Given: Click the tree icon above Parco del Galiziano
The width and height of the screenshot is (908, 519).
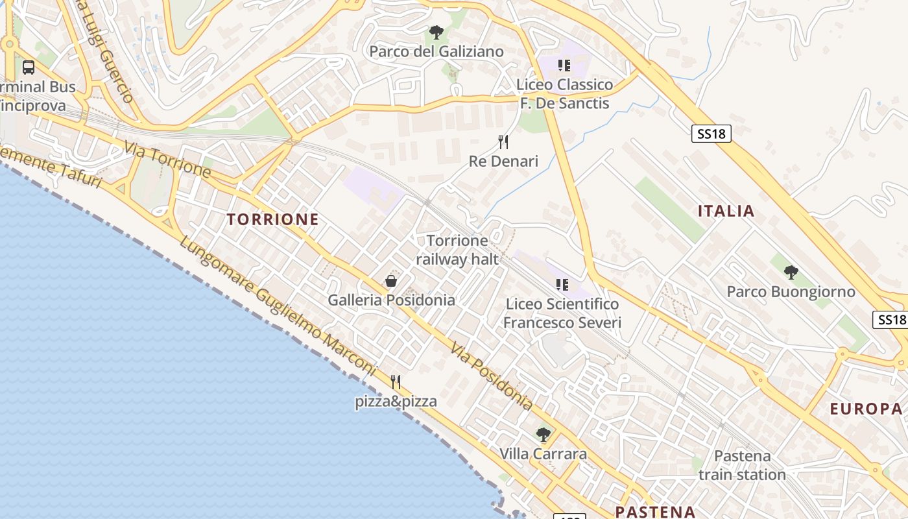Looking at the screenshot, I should coord(436,32).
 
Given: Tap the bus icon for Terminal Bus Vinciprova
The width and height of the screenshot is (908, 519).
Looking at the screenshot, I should coord(28,67).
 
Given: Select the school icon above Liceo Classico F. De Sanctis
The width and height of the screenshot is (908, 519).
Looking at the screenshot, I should coord(564,65).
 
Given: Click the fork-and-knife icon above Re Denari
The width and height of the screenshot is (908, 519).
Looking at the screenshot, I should coord(503,141).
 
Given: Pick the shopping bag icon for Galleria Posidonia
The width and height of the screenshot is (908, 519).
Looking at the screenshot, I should coord(391,280).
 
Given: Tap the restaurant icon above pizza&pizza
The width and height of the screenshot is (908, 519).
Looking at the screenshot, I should coord(395,381).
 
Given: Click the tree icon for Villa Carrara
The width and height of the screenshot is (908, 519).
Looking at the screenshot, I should coord(544,434).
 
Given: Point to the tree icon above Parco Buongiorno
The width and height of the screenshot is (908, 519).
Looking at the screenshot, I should coord(791,272).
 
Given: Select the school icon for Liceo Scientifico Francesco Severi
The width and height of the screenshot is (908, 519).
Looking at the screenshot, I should coord(562,284).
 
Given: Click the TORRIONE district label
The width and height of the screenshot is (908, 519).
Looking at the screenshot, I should coord(273,219).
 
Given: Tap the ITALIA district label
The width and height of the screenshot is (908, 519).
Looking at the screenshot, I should coord(726,211).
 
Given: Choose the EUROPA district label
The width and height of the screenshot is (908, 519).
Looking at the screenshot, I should coord(866,409).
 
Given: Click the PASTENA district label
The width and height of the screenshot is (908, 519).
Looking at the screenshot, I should coord(655,511).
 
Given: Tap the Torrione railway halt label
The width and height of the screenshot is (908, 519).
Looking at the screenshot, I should coord(457,250).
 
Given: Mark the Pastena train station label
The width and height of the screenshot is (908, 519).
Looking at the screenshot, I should coord(742,465).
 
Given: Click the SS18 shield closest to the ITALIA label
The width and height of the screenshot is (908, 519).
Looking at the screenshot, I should coord(711,134).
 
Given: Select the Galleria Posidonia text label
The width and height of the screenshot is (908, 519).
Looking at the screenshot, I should coord(391,300).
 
